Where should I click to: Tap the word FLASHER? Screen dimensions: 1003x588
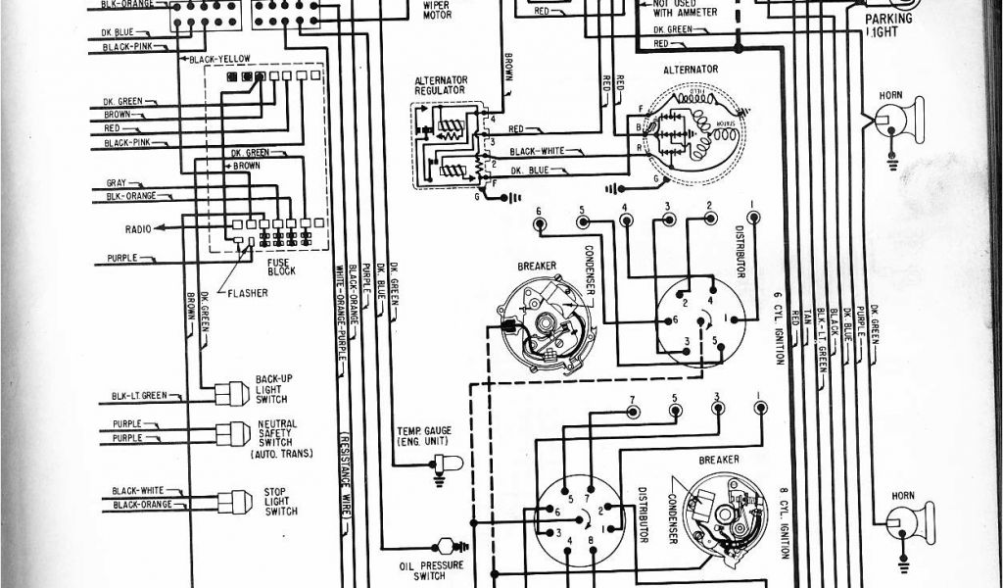(249, 292)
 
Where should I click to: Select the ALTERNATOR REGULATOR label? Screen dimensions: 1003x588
(440, 84)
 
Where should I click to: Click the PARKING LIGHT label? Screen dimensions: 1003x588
(888, 24)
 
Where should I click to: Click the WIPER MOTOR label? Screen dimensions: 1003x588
(436, 11)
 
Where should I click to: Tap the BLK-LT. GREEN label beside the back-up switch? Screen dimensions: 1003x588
(139, 396)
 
